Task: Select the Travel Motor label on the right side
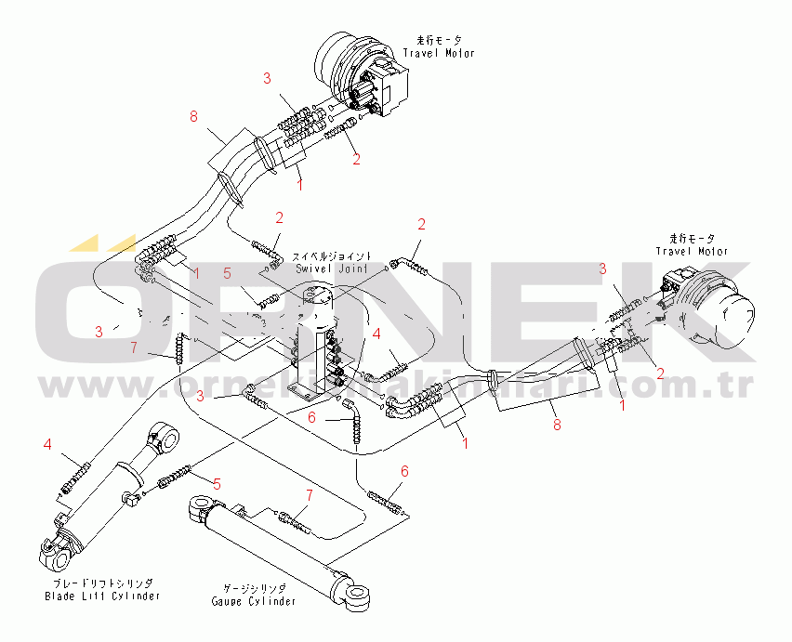tap(692, 245)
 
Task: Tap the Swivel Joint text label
tap(333, 262)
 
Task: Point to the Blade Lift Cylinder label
tap(102, 589)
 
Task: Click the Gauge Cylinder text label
tap(252, 595)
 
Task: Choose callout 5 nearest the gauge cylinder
tap(217, 483)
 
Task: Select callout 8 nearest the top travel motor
tap(193, 117)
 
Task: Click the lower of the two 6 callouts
tap(404, 471)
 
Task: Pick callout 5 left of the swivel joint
tap(226, 274)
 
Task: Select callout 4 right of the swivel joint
tap(376, 333)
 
